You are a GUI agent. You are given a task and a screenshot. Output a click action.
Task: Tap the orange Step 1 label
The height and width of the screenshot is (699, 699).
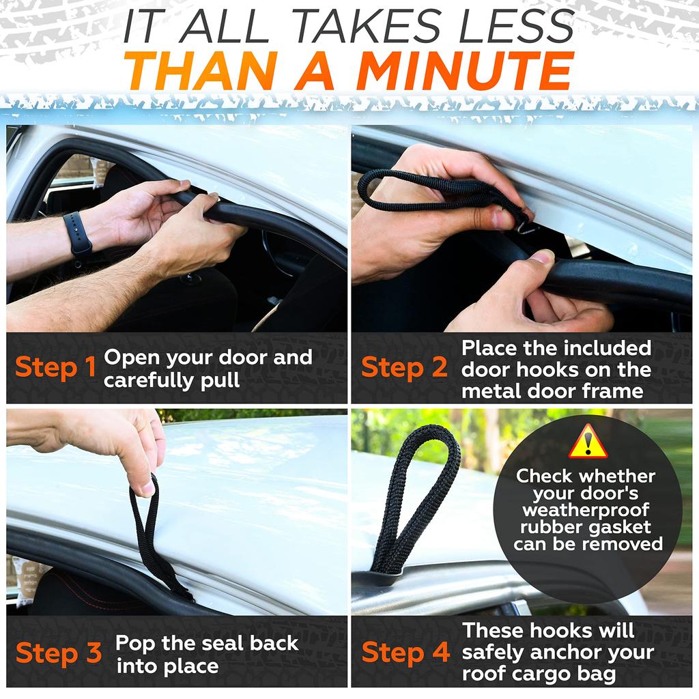click(55, 368)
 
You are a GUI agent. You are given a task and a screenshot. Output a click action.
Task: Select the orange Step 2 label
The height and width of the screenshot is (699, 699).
click(404, 368)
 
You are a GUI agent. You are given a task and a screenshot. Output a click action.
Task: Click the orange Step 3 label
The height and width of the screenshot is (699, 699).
click(59, 653)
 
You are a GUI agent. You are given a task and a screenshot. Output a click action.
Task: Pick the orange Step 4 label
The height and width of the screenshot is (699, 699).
click(405, 652)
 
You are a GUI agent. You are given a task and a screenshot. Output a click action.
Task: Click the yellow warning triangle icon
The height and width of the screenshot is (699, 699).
click(588, 442)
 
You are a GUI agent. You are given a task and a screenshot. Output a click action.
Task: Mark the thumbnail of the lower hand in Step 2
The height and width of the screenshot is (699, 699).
click(541, 257)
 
